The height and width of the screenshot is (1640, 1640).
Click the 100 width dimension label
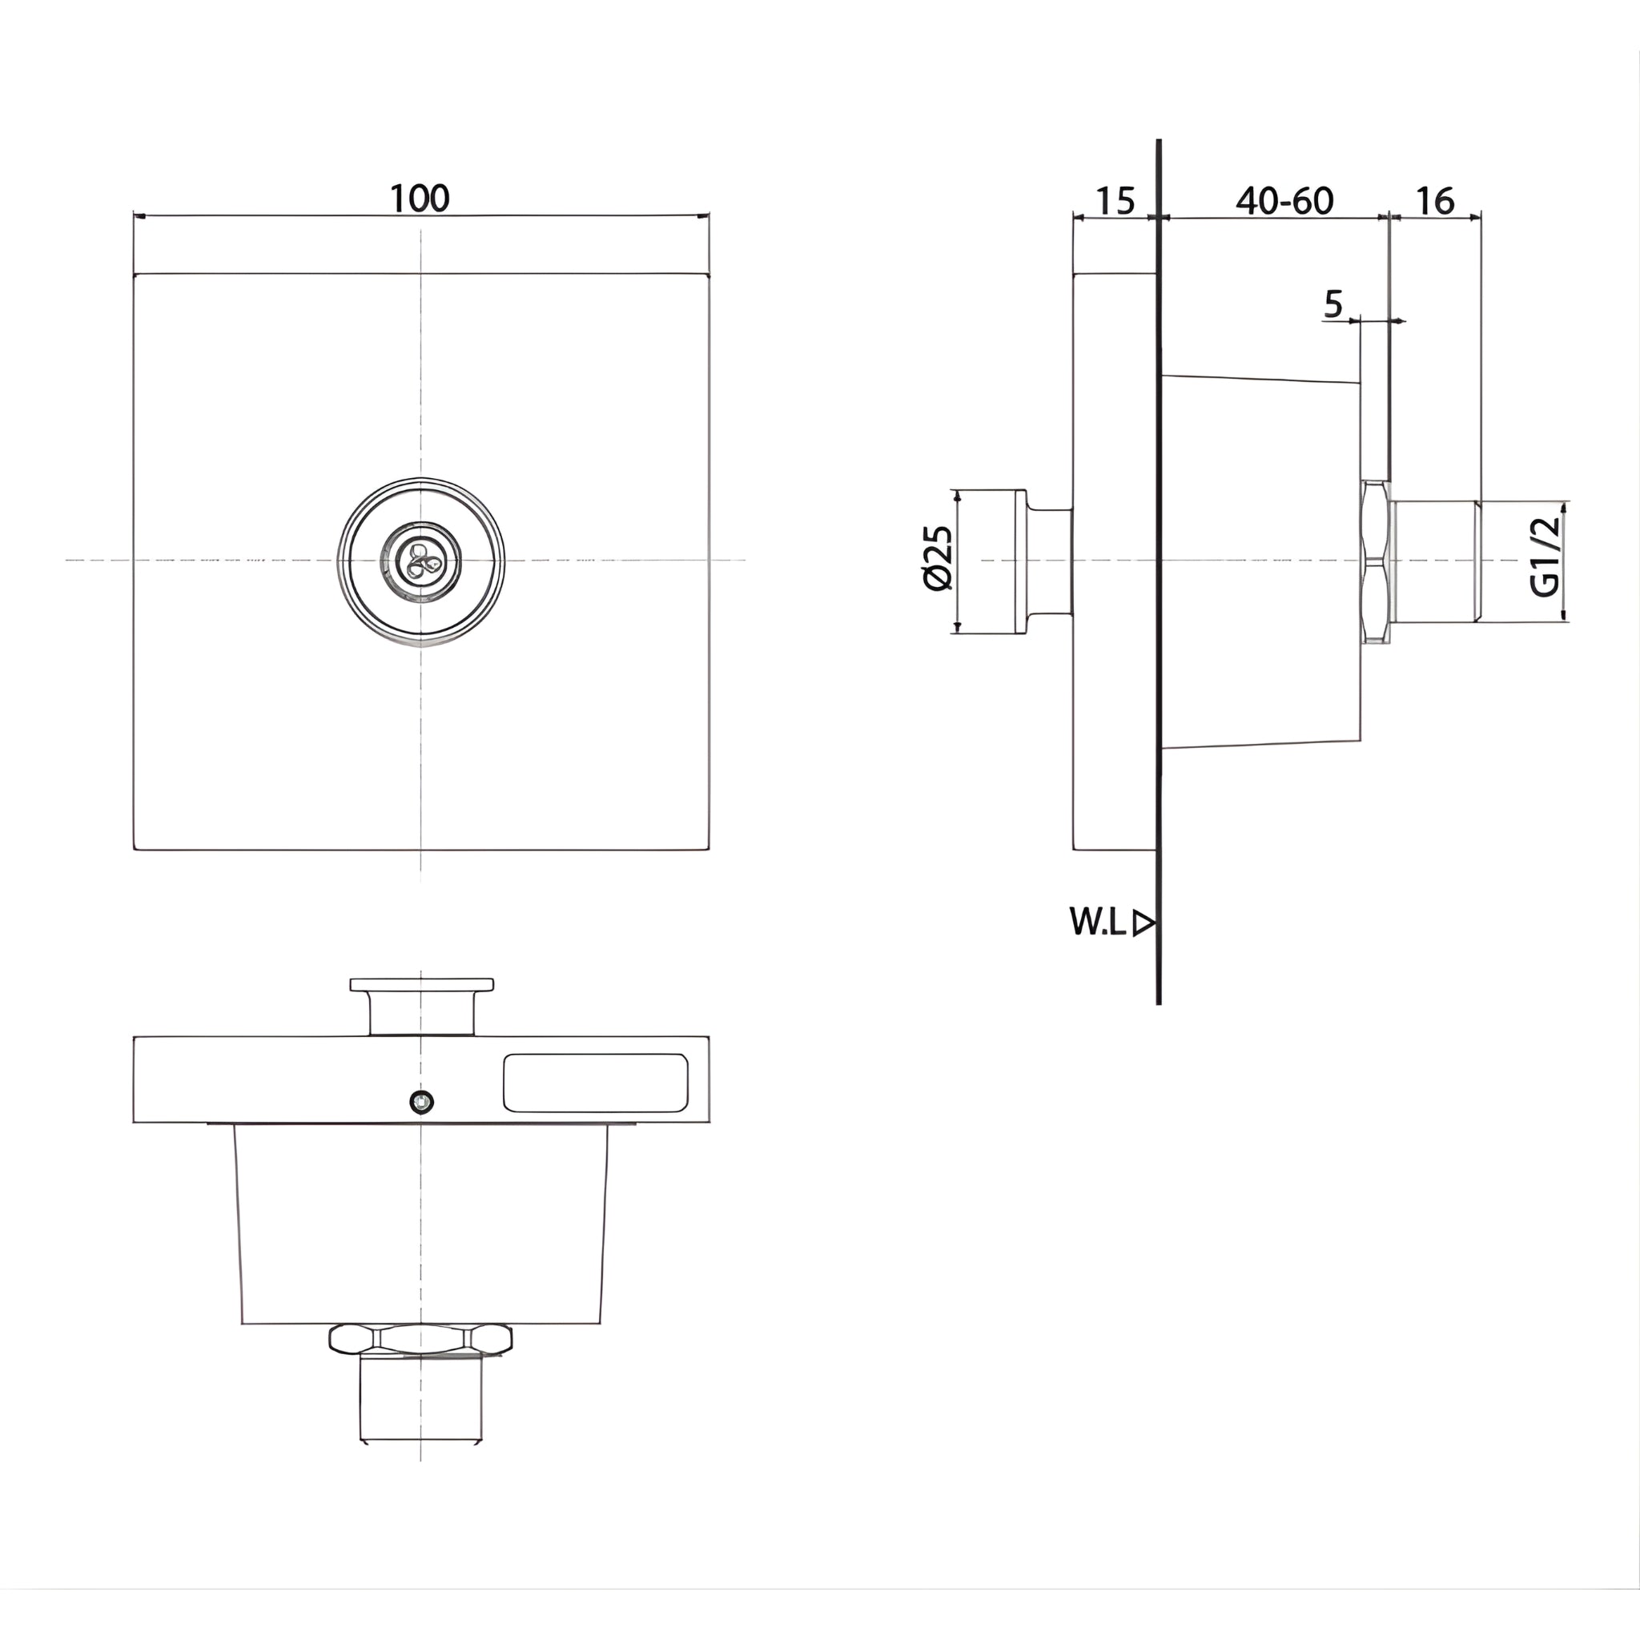[420, 199]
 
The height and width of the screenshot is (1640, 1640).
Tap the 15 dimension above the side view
[1115, 201]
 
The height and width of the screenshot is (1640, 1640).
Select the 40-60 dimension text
[1284, 201]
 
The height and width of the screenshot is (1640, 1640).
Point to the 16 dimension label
[1434, 201]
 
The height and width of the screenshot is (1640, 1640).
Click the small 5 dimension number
[1333, 303]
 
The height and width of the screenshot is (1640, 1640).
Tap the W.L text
[1097, 922]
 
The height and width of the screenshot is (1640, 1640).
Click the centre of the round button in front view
[421, 561]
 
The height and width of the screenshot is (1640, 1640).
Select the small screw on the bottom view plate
[421, 1103]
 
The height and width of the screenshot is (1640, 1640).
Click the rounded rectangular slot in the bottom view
[595, 1083]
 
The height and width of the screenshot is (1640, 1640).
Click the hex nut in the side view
[1375, 561]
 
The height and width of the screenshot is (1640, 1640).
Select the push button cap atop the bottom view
[422, 985]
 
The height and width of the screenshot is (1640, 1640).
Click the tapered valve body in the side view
[1260, 561]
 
